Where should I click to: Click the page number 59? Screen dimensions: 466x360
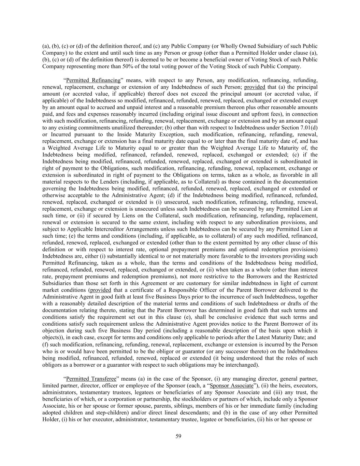[x=178, y=436]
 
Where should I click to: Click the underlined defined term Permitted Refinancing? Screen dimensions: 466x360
[x=93, y=81]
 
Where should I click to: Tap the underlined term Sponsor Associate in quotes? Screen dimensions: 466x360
[x=232, y=386]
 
